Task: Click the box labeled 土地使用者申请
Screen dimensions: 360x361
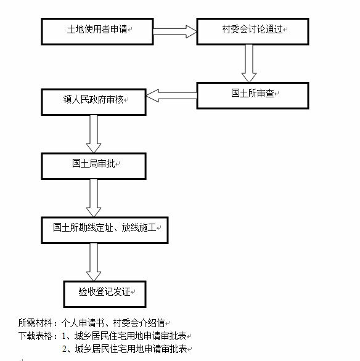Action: tap(97, 31)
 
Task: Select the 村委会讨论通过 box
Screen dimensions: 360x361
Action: tap(253, 31)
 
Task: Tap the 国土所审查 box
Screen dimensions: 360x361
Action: tap(253, 95)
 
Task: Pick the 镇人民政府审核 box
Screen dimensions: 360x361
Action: tap(94, 102)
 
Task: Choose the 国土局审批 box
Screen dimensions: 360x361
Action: tap(94, 166)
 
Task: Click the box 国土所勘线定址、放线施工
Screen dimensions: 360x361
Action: tap(105, 230)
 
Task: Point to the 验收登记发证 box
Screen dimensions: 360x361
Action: tap(105, 294)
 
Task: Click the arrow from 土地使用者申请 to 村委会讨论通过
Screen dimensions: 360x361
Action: tap(175, 31)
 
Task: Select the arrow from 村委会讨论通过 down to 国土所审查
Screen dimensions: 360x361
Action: tap(249, 63)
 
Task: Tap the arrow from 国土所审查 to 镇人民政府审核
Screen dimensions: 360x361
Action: tap(171, 95)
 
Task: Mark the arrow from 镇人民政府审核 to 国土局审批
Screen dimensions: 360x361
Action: tap(94, 134)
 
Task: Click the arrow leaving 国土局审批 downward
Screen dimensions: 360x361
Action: tap(94, 198)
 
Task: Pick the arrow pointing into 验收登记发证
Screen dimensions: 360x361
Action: tap(94, 262)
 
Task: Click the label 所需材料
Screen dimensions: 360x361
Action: tap(36, 323)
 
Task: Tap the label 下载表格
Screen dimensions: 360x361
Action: tap(36, 336)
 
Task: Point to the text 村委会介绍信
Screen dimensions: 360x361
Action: tap(139, 323)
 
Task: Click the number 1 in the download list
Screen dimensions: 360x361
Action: tap(64, 336)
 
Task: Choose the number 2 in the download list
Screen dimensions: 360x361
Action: tap(65, 349)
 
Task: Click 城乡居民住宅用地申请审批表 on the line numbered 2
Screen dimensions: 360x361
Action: tap(131, 349)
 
